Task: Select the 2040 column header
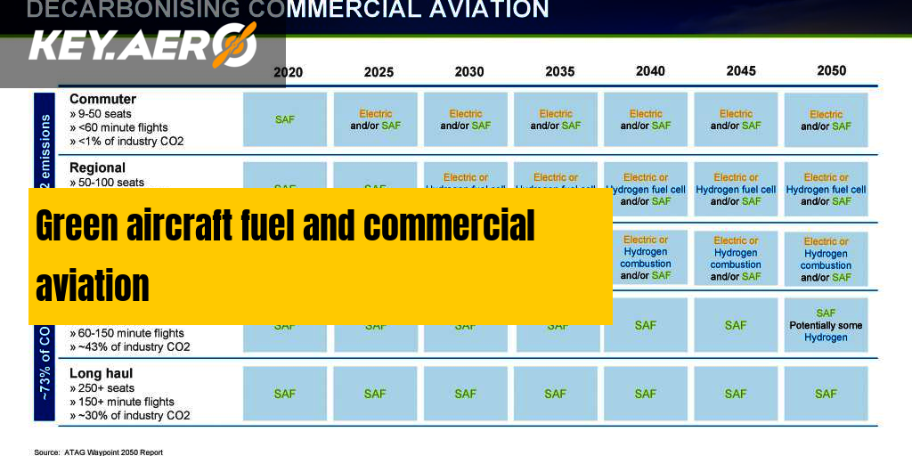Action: point(650,71)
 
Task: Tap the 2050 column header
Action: point(830,70)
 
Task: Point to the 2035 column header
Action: point(559,72)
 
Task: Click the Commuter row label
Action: point(102,99)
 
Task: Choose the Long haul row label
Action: point(101,373)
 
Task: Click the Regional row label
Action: point(97,167)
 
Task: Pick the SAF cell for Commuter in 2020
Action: point(285,119)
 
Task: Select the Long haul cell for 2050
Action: point(826,394)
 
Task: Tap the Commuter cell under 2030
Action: point(465,119)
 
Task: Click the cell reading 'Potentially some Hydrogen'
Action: point(826,326)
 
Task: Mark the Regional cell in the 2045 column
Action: point(736,189)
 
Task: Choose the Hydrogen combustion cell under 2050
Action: point(826,259)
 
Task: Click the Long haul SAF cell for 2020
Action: point(285,394)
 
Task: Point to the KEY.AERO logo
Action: point(142,45)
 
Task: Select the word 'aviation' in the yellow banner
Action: point(93,287)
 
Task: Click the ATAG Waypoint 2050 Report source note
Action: point(99,452)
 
